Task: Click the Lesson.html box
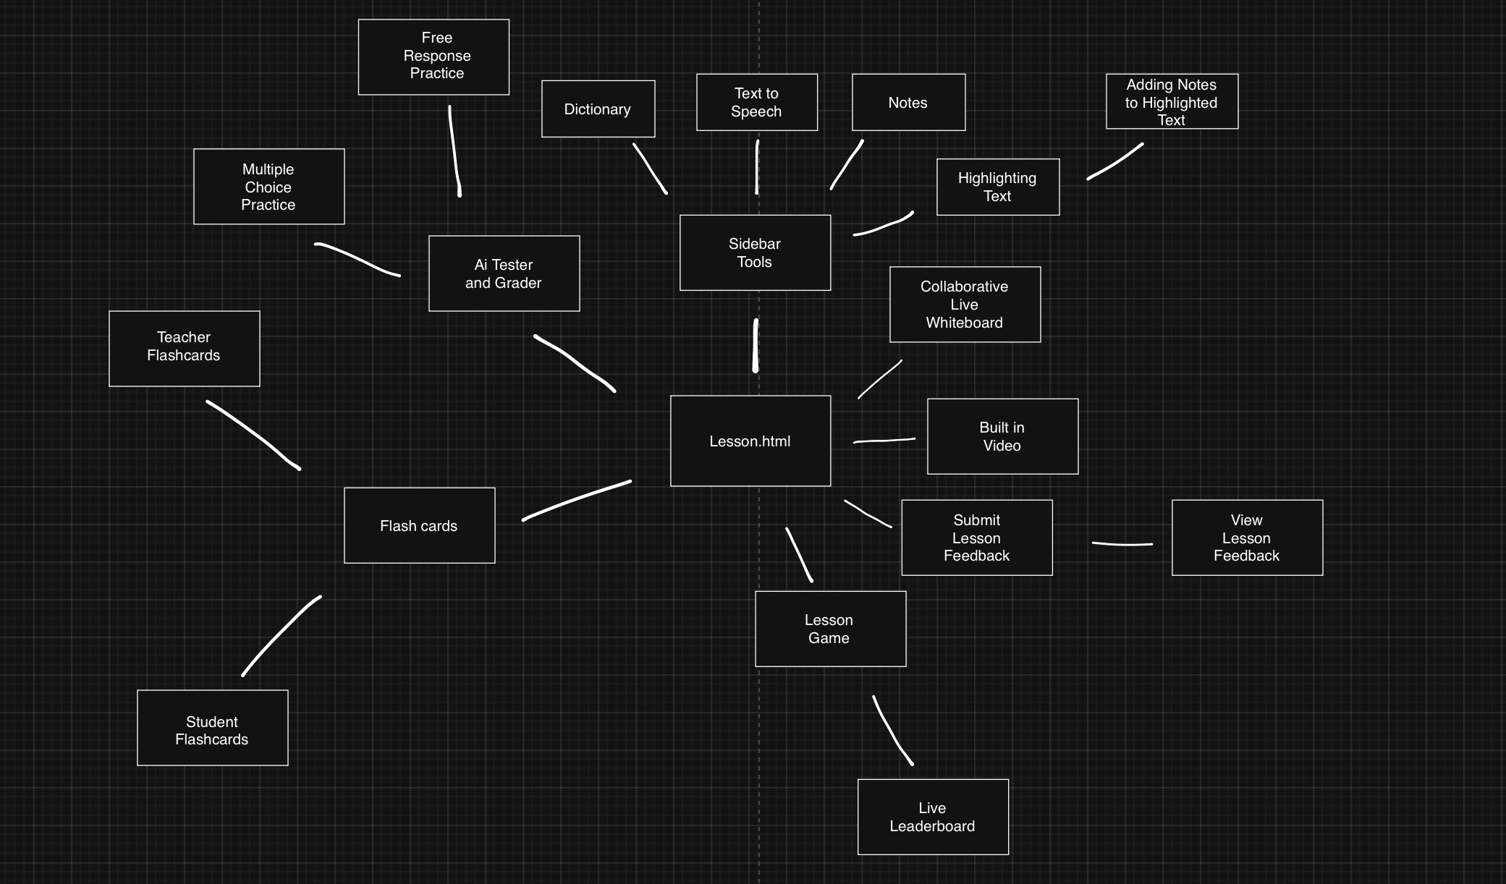[750, 441]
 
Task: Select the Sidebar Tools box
[755, 252]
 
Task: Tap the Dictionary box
[598, 109]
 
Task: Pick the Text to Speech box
[756, 102]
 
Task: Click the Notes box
[908, 102]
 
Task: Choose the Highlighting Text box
[997, 187]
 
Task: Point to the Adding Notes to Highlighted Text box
[1172, 101]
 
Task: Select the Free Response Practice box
[433, 56]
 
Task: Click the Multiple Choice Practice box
[268, 187]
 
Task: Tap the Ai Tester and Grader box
[504, 273]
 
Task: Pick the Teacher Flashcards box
[184, 348]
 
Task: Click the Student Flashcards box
[212, 727]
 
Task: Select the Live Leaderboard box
[932, 816]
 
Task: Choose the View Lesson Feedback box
[1247, 537]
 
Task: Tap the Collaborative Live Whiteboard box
[965, 304]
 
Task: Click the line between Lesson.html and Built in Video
[884, 440]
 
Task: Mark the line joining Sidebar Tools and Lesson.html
[756, 346]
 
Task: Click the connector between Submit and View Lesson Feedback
[1122, 544]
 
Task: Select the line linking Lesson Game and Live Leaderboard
[891, 731]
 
